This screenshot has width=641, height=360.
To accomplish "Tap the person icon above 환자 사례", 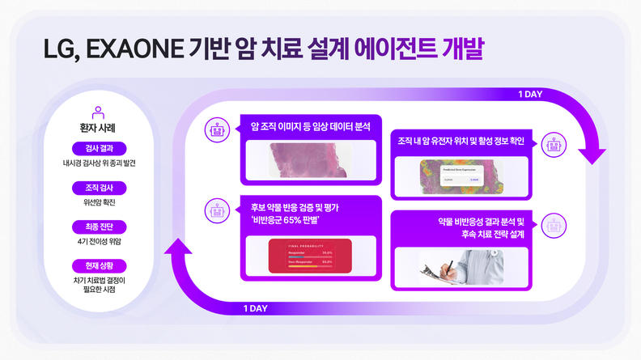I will click(x=98, y=112).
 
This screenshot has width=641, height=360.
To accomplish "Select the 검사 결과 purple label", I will click(x=99, y=148).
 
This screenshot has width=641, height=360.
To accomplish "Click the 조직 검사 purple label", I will click(x=99, y=188).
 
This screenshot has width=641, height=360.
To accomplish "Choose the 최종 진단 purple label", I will click(x=99, y=227).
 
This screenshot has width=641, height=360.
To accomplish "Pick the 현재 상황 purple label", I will click(x=99, y=265).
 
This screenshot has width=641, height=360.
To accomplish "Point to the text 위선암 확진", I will click(x=99, y=202).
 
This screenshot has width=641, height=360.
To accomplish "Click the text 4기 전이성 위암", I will click(x=99, y=241).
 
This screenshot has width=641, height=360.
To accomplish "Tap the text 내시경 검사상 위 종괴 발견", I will click(x=99, y=163).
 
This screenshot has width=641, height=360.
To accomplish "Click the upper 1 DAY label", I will click(x=530, y=94).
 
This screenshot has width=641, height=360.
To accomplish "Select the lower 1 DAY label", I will click(x=256, y=308).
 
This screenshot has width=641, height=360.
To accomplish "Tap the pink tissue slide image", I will click(x=312, y=159).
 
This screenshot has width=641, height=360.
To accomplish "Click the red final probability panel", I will click(x=311, y=256).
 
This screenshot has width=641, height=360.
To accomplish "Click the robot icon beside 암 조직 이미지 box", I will click(x=216, y=127).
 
